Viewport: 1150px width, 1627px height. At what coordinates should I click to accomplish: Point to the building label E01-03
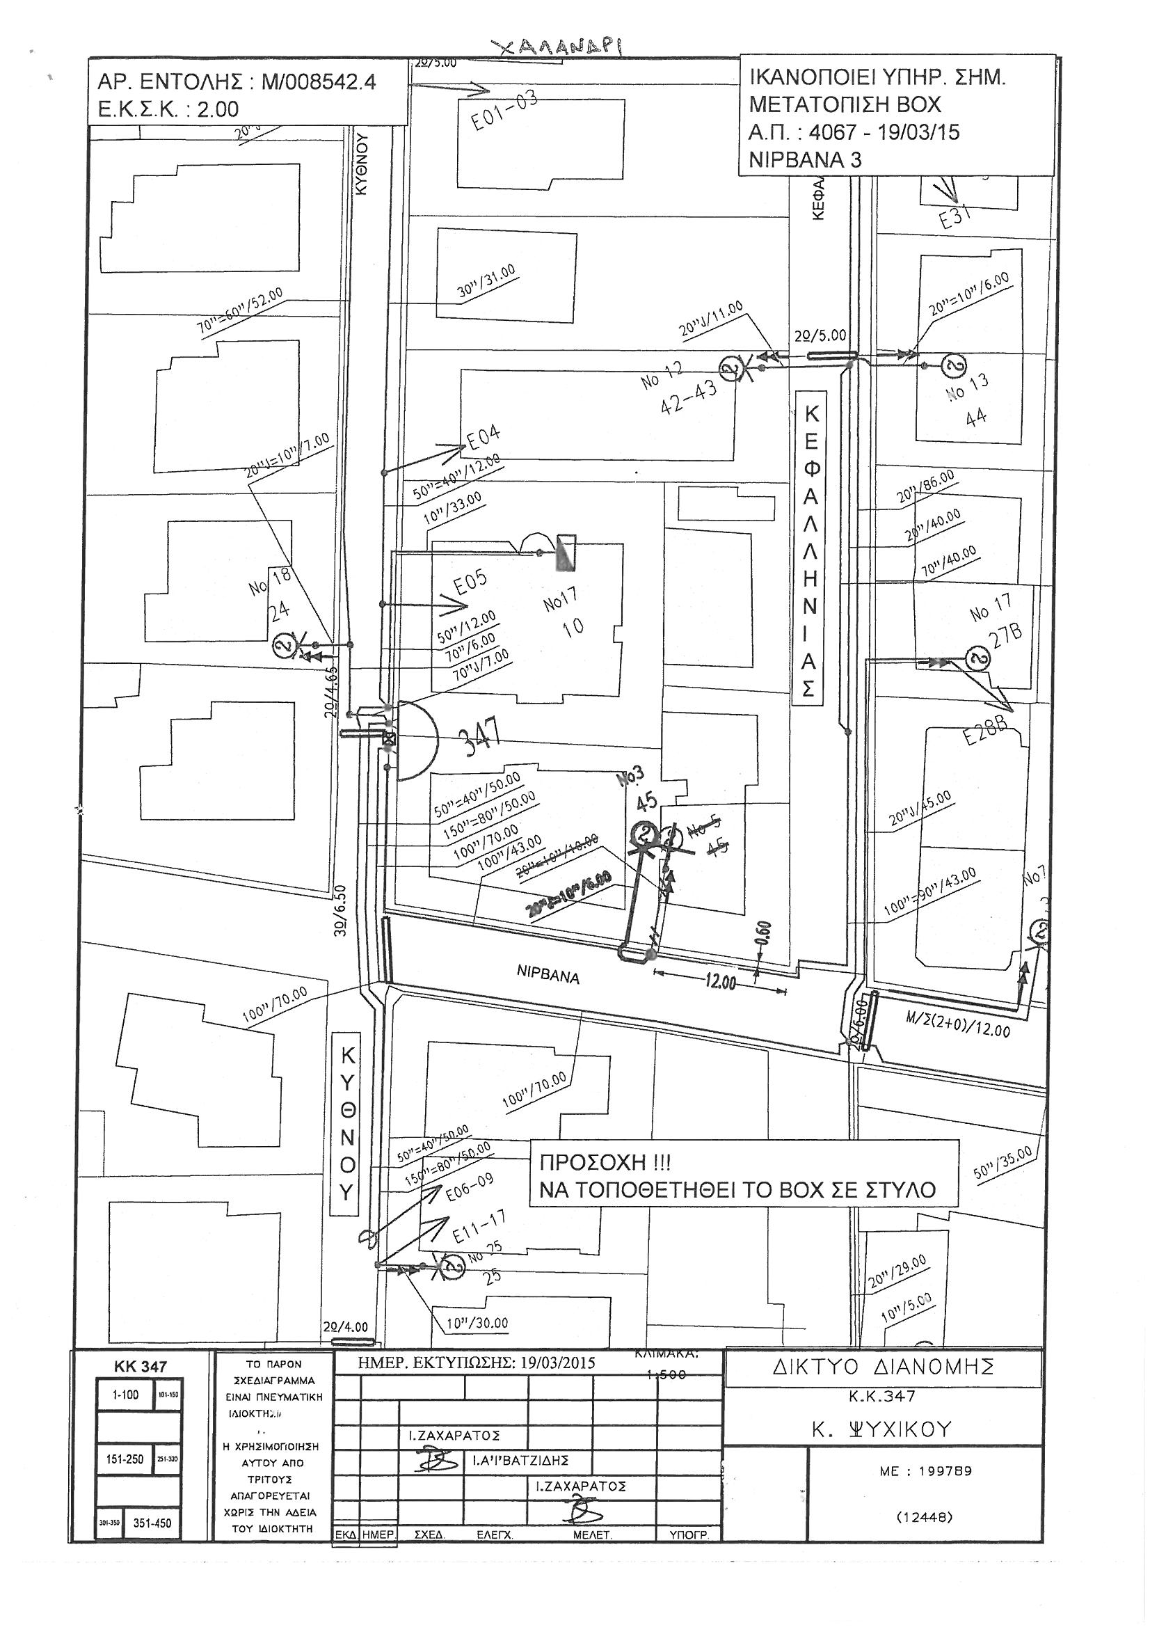[x=504, y=111]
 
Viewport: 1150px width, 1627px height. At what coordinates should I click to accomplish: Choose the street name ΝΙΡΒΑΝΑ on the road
[x=548, y=976]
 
